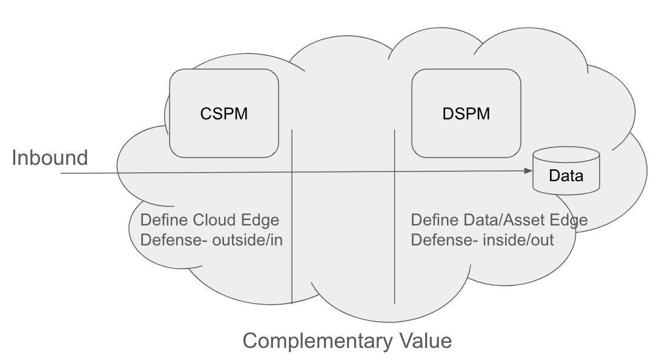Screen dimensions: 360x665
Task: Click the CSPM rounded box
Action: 223,113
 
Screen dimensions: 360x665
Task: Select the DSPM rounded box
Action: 466,113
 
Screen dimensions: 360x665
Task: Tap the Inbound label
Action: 50,158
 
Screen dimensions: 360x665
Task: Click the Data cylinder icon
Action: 566,172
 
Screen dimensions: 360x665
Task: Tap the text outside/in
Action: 249,240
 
